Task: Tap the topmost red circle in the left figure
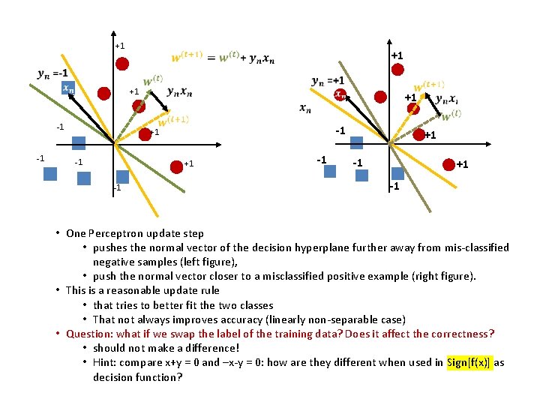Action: click(124, 62)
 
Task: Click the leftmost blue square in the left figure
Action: click(49, 174)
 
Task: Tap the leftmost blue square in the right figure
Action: click(330, 171)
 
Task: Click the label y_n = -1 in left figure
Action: click(52, 73)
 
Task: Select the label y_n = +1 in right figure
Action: click(328, 81)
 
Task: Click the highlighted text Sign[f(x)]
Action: click(469, 362)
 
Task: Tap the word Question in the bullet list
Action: click(87, 334)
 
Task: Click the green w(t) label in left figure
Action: click(153, 79)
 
